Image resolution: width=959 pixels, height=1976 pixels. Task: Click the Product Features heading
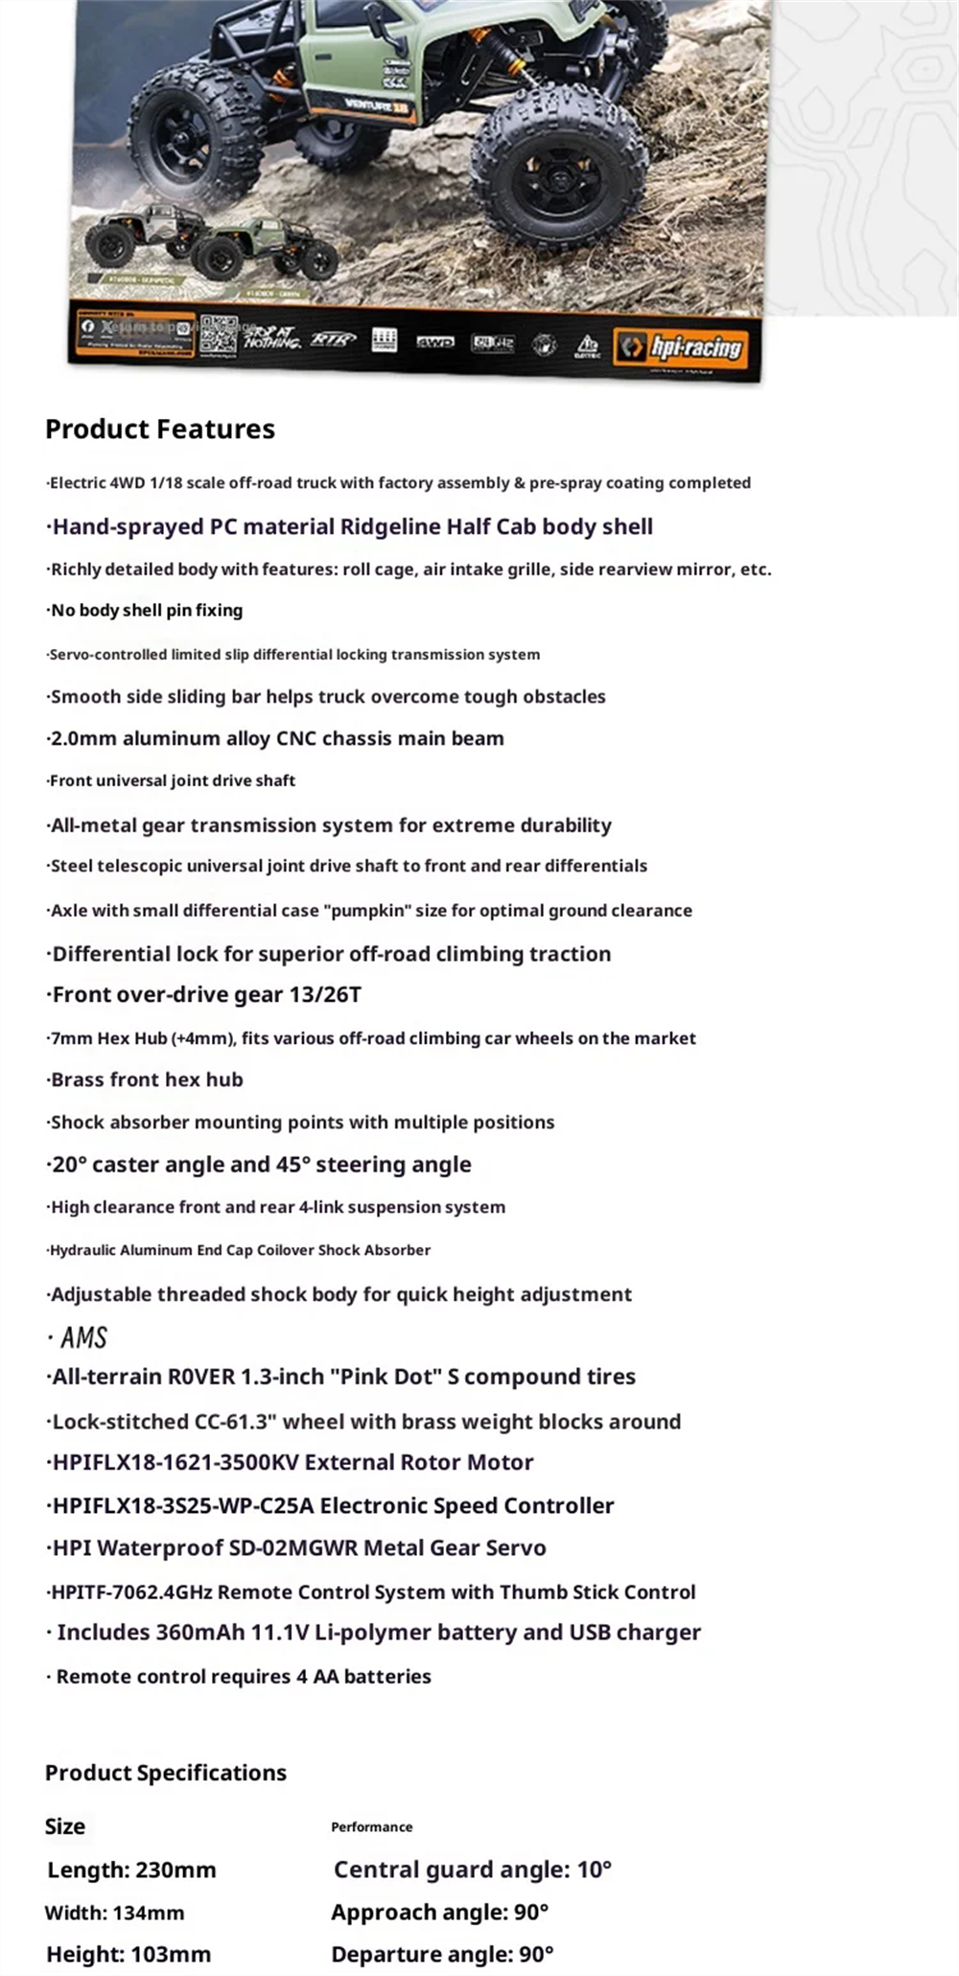point(160,429)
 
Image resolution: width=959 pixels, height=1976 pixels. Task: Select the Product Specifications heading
point(166,1773)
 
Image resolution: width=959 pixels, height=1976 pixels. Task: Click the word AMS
point(83,1337)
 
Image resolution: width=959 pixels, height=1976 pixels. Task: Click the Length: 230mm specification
point(131,1870)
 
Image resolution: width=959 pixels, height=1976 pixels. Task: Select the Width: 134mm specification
point(114,1913)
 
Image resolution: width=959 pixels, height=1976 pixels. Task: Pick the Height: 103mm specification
point(129,1954)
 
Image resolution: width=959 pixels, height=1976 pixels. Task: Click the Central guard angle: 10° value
point(473,1870)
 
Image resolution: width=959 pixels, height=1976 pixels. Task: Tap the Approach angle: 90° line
point(440,1912)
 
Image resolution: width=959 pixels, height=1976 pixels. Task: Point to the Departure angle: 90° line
point(443,1954)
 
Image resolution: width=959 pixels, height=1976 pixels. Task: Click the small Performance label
point(372,1827)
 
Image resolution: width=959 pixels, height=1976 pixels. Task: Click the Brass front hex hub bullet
point(147,1080)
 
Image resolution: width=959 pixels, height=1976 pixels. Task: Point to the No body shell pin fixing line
point(147,611)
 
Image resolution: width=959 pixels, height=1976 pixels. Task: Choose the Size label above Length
point(65,1826)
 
